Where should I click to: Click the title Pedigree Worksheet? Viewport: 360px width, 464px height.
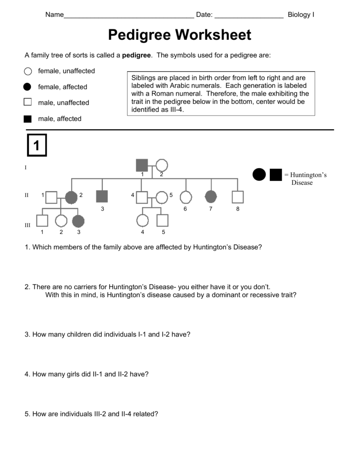pos(180,35)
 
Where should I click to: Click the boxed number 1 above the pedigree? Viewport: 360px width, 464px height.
pos(37,145)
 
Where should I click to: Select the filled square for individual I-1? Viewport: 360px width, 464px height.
pos(142,165)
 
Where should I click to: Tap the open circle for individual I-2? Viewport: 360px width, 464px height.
pos(162,165)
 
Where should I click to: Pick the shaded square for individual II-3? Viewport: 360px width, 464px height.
pos(102,197)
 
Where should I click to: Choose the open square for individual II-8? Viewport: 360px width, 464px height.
pos(238,197)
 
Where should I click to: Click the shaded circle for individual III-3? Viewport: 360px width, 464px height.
pos(78,221)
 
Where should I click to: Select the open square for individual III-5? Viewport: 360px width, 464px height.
pos(163,221)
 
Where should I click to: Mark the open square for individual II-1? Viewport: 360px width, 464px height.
pos(52,197)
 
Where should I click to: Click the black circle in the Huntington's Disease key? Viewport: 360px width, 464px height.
pos(259,174)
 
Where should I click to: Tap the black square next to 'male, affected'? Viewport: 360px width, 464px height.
pos(28,119)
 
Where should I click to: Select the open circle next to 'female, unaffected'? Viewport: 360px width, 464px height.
pos(28,71)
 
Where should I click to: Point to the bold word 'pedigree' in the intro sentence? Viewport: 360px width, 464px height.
pos(137,55)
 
